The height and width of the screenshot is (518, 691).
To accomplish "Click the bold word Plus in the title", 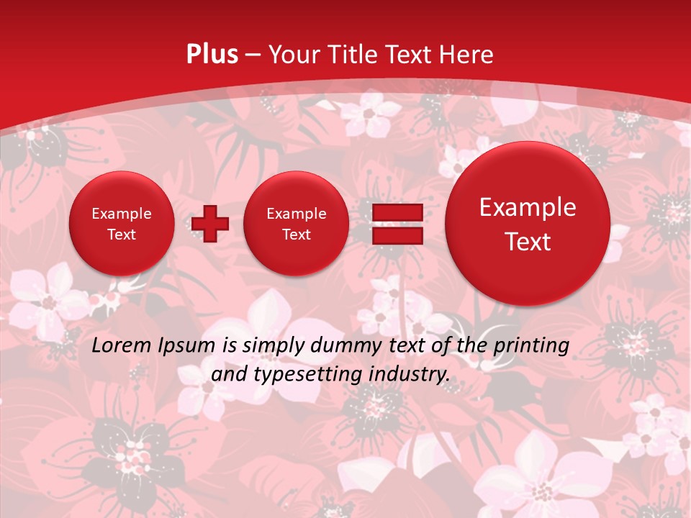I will [212, 54].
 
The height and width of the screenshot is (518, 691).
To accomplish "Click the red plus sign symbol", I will [210, 224].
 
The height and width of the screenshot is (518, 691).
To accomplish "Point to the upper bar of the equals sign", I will [397, 212].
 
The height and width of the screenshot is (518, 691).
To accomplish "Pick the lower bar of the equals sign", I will [397, 235].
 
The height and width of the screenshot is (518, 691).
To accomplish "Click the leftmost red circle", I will [122, 224].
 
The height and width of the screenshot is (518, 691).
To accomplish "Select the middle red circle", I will [296, 224].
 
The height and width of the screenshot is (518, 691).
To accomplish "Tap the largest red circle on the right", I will [528, 224].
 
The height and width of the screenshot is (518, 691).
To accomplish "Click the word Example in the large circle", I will [528, 207].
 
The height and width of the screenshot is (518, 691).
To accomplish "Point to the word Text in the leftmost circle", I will [122, 235].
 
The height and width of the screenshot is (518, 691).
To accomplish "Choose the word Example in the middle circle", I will [296, 214].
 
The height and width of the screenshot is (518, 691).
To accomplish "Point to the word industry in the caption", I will [410, 375].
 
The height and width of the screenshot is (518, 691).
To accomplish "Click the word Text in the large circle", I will [528, 242].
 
